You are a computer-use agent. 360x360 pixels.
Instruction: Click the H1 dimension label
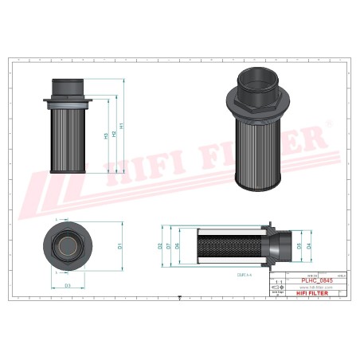(x=121, y=126)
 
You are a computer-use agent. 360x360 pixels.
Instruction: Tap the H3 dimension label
(x=106, y=136)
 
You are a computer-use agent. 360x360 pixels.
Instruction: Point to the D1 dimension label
(x=119, y=246)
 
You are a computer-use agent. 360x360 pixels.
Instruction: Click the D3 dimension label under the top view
(x=68, y=284)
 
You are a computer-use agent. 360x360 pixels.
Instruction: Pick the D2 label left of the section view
(x=161, y=246)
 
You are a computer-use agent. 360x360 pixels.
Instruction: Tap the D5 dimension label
(x=299, y=246)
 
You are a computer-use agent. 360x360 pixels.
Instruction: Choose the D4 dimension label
(x=308, y=246)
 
